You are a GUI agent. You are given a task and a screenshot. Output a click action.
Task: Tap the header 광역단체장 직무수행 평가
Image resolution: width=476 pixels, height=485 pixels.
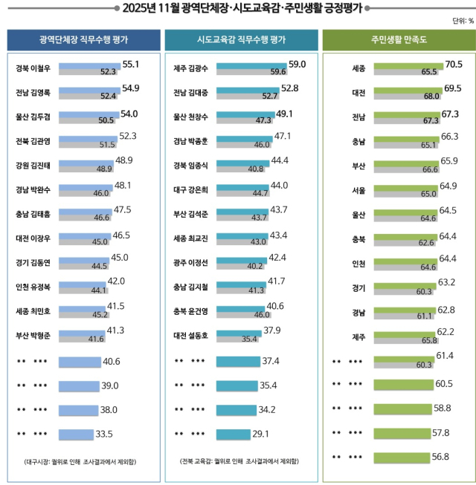pyautogui.click(x=83, y=39)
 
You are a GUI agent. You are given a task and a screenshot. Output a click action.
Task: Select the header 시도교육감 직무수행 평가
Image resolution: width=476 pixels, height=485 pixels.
pyautogui.click(x=241, y=39)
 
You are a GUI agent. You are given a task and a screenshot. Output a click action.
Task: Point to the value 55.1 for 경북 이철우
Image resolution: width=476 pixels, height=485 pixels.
pyautogui.click(x=131, y=65)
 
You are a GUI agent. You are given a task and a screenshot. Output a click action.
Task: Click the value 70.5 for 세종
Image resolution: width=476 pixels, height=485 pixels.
pyautogui.click(x=454, y=65)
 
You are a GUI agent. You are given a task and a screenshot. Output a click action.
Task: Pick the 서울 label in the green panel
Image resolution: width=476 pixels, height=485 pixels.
pyautogui.click(x=358, y=190)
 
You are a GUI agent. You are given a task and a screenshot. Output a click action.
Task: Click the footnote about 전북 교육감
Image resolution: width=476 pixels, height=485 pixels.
pyautogui.click(x=240, y=462)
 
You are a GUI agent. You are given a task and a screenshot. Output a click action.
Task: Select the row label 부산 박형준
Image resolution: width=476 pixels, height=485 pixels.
pyautogui.click(x=34, y=334)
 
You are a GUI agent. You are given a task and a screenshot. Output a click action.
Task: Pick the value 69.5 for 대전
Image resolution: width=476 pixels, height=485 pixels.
pyautogui.click(x=454, y=88)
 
